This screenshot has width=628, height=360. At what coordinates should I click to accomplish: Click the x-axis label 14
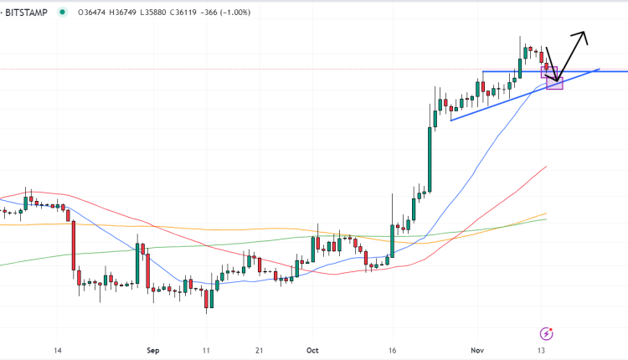57,351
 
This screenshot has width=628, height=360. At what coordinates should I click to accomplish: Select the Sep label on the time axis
152,351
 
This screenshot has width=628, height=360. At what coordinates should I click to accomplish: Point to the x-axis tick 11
205,351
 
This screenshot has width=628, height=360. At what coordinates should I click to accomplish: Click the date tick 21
260,351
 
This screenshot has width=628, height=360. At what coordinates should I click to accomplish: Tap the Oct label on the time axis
312,351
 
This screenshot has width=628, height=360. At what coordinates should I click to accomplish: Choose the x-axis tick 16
391,351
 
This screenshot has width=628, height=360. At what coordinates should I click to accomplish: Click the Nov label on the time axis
476,351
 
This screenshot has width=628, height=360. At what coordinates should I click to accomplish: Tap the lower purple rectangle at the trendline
554,84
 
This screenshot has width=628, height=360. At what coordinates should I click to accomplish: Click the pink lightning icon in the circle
547,332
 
